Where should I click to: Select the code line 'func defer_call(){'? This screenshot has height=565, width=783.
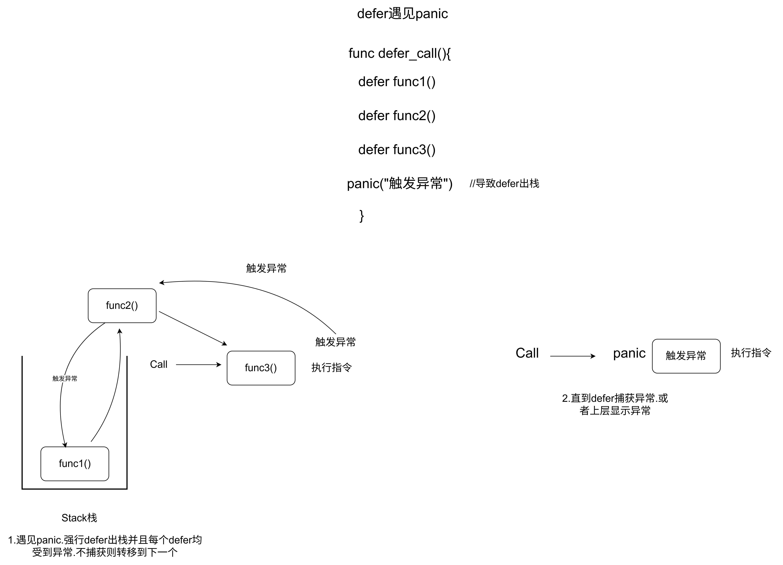point(399,54)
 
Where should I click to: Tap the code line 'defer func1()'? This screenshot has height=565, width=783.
point(397,82)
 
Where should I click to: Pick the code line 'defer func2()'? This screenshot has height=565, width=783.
point(397,116)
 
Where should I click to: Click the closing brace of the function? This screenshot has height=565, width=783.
point(361,216)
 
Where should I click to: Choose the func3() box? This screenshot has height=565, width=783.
point(261,368)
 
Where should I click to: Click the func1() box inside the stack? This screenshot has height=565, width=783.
point(75,464)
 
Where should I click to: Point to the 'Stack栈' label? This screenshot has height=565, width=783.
point(79,518)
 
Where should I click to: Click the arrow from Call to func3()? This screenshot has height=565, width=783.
point(198,365)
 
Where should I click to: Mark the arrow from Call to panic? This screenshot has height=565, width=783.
point(572,356)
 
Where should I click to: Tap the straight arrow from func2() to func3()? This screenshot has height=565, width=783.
point(193,328)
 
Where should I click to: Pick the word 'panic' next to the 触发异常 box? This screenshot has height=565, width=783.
point(629,353)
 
